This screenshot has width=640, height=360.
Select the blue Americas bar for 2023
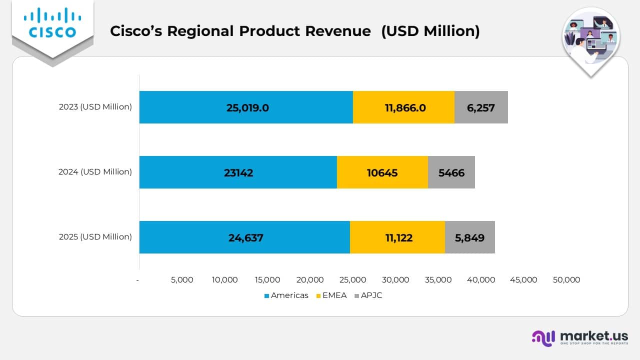246,107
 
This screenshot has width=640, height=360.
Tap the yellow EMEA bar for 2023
404,107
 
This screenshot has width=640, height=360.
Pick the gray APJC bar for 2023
481,107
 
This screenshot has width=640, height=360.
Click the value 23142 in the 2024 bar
238,172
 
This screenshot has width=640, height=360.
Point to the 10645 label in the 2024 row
382,172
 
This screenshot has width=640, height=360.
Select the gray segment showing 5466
451,172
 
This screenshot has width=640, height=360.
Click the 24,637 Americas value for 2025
245,237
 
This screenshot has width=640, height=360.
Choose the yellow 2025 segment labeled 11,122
398,237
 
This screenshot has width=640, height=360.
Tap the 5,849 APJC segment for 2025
469,237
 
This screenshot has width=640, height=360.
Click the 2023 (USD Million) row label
95,106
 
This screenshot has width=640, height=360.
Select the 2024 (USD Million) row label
95,171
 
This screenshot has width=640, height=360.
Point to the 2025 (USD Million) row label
95,236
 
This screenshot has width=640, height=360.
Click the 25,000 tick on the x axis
353,280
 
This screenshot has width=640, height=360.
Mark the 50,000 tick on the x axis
566,280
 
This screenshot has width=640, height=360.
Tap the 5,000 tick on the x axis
182,280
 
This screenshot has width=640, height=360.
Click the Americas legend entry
286,295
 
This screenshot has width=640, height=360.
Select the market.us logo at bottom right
580,337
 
